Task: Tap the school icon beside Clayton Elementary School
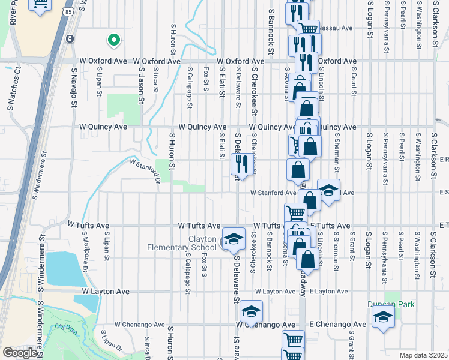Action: tap(234, 239)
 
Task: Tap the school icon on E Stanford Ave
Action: tap(328, 190)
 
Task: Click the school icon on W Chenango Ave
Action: tap(252, 311)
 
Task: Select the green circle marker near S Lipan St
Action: tap(112, 41)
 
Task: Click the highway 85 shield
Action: tap(70, 11)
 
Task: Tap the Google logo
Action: tap(20, 353)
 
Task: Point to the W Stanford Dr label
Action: tap(145, 170)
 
